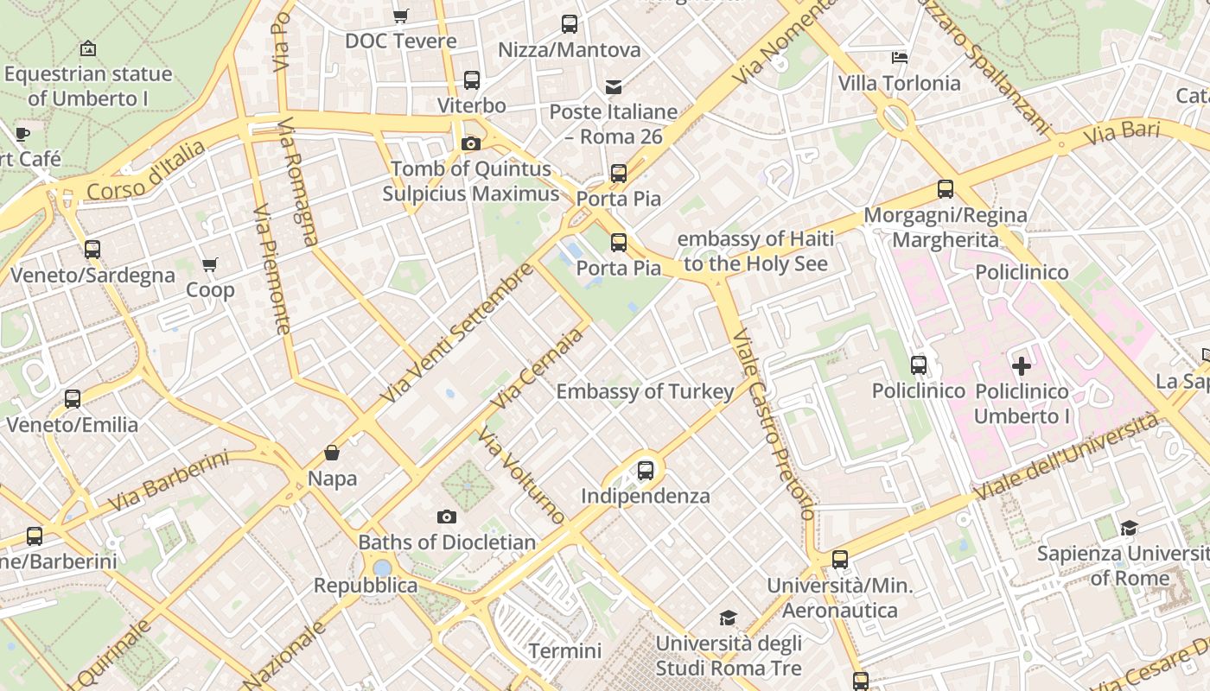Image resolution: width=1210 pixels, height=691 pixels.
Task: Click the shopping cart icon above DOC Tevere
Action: coord(400,16)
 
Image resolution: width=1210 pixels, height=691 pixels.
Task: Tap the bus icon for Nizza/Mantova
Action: coord(569,24)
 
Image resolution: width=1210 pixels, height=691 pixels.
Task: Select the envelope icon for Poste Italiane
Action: coord(614,86)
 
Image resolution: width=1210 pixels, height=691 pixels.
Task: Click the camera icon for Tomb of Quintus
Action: coord(471,143)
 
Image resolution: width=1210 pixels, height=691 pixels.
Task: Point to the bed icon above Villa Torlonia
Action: coord(900,58)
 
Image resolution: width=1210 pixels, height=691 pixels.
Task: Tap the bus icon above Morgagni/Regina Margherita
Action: coord(946,189)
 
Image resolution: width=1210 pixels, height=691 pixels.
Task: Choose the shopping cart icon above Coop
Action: coord(210,264)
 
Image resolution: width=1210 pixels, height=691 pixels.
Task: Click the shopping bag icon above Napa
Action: coord(332,453)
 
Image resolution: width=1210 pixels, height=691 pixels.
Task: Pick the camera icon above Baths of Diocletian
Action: coord(447,517)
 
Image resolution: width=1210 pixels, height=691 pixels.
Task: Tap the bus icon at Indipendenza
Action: coord(646,471)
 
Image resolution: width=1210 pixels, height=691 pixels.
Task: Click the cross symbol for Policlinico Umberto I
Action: coord(1022,366)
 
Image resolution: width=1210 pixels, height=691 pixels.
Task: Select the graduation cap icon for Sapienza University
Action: coord(1129,528)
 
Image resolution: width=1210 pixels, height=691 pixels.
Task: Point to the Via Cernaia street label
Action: coord(537,371)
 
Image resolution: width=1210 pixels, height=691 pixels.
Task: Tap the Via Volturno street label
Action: coord(521,476)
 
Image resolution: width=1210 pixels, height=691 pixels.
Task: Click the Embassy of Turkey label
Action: coord(645,391)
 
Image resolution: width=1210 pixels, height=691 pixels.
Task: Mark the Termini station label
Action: coord(564,650)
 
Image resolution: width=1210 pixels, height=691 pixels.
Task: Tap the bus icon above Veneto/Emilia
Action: coord(73,399)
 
